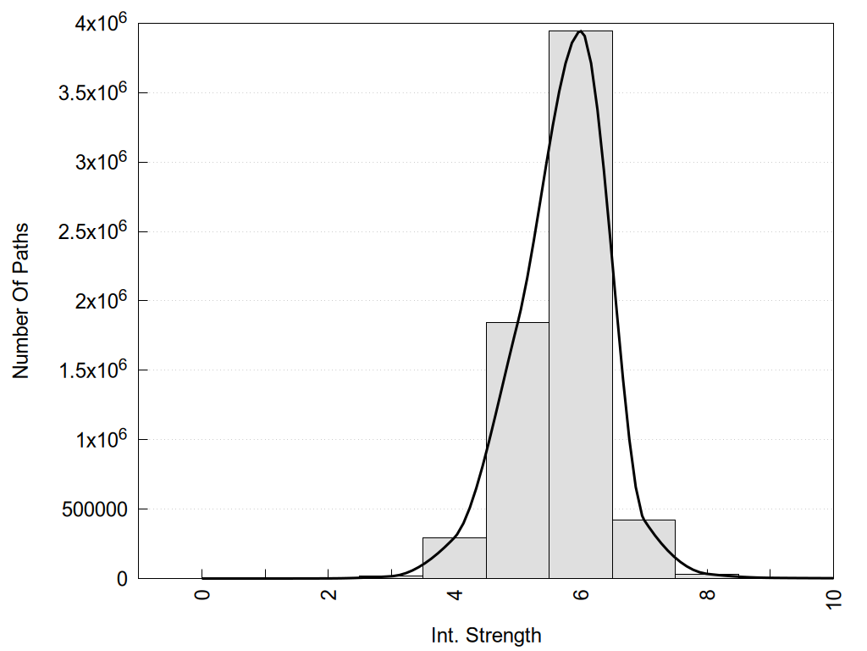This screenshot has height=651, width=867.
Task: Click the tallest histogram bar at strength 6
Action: [x=581, y=305]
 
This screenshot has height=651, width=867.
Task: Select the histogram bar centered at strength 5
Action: [x=517, y=450]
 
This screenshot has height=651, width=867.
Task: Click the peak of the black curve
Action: [x=581, y=31]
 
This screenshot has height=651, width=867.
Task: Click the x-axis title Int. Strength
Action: [x=486, y=635]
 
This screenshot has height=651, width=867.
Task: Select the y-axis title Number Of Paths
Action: [x=21, y=301]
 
